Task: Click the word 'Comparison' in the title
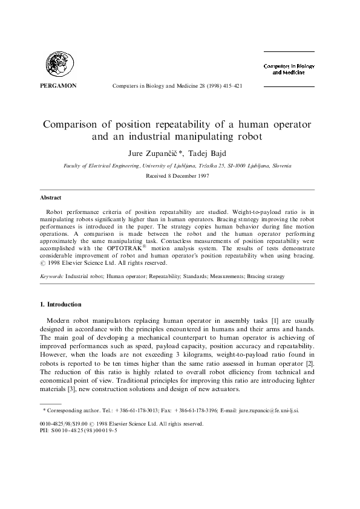tap(73, 125)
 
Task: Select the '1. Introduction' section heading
tap(65, 304)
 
